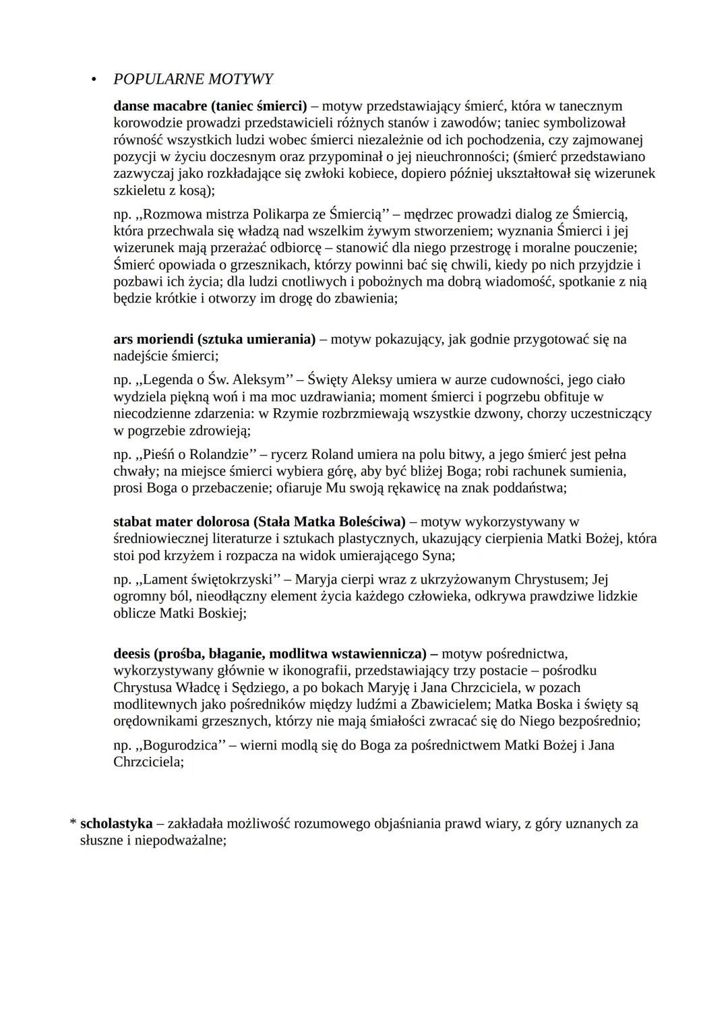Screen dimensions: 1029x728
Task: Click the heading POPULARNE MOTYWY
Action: point(193,80)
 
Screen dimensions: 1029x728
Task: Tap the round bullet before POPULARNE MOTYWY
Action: point(95,80)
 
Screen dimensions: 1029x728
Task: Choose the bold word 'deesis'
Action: point(131,653)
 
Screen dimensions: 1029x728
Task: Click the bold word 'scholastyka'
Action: point(116,823)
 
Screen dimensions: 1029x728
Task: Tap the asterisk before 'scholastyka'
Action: point(73,823)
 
